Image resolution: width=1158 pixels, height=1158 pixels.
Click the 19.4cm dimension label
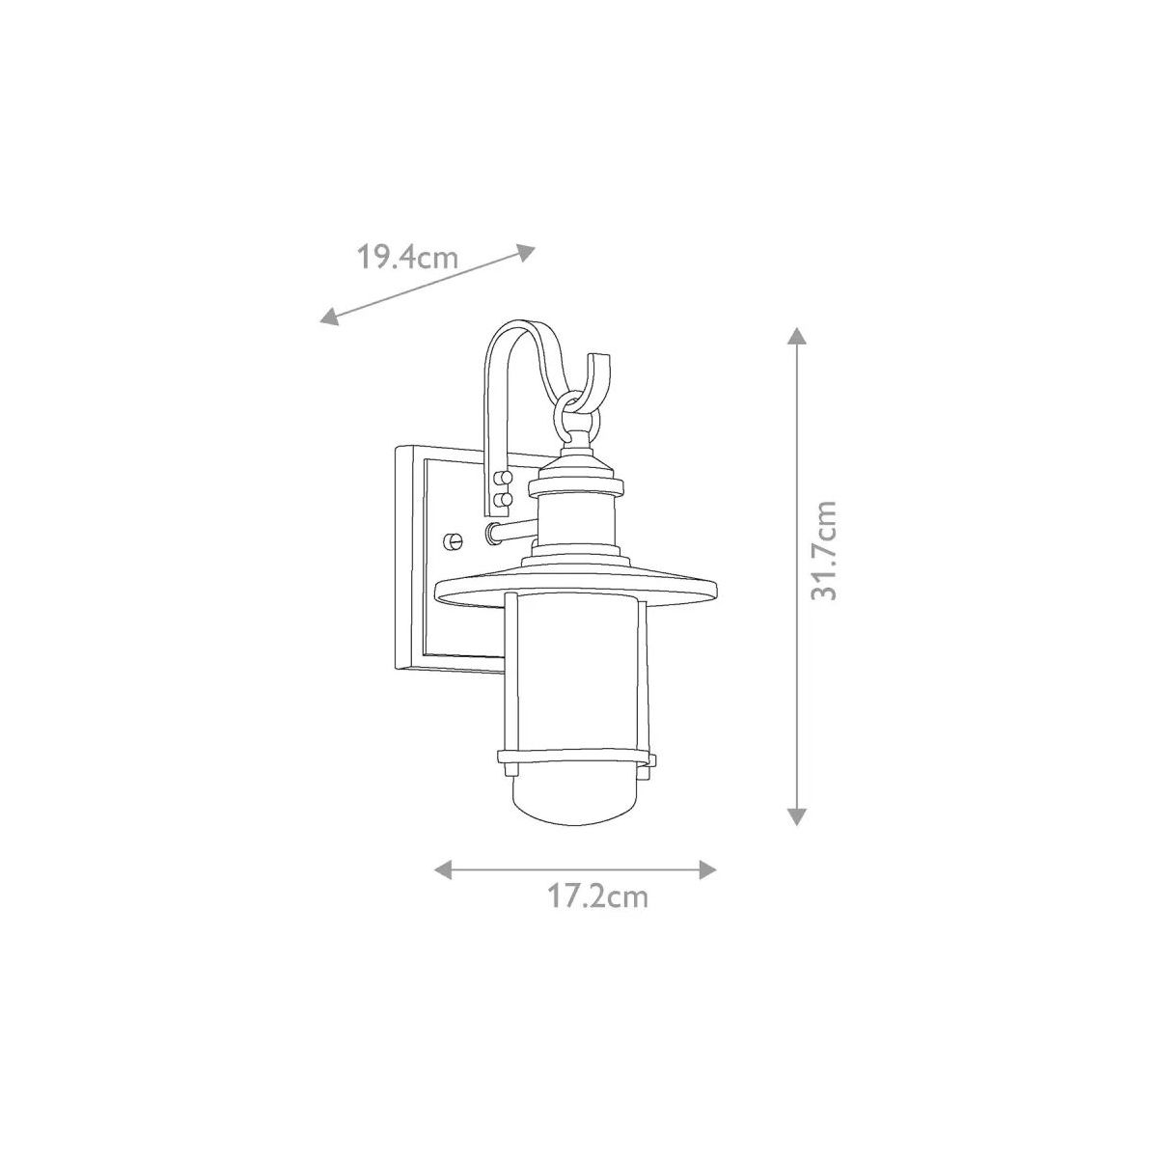tap(407, 258)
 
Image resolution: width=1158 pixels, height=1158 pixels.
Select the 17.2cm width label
tap(597, 914)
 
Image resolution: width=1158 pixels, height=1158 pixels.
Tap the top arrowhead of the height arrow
tap(797, 336)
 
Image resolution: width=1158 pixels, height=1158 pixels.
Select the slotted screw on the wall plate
tap(454, 540)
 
